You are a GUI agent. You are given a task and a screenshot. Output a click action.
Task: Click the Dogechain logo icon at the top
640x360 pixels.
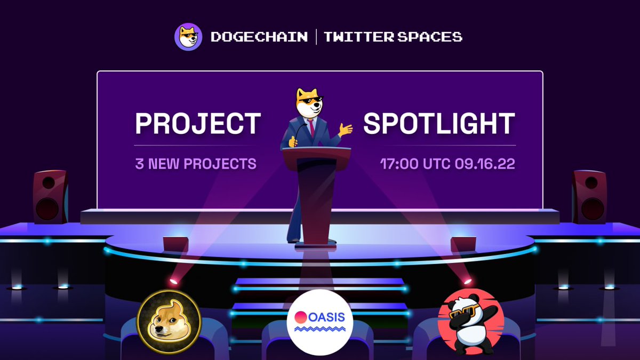[x=188, y=37]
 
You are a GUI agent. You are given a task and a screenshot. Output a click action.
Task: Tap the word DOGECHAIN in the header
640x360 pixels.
[x=259, y=37]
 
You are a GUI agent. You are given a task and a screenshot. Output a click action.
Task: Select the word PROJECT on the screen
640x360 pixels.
[x=198, y=124]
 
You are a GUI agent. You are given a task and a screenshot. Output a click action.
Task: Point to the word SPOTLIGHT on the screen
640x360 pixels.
[x=439, y=124]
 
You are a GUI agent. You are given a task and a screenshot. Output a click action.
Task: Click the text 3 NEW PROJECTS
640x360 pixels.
[x=196, y=163]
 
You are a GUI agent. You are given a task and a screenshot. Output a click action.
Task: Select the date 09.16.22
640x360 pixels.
[x=485, y=163]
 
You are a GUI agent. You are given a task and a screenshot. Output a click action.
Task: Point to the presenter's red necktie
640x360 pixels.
[x=311, y=127]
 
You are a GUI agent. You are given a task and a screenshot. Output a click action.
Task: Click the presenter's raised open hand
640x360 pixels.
[x=346, y=130]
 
